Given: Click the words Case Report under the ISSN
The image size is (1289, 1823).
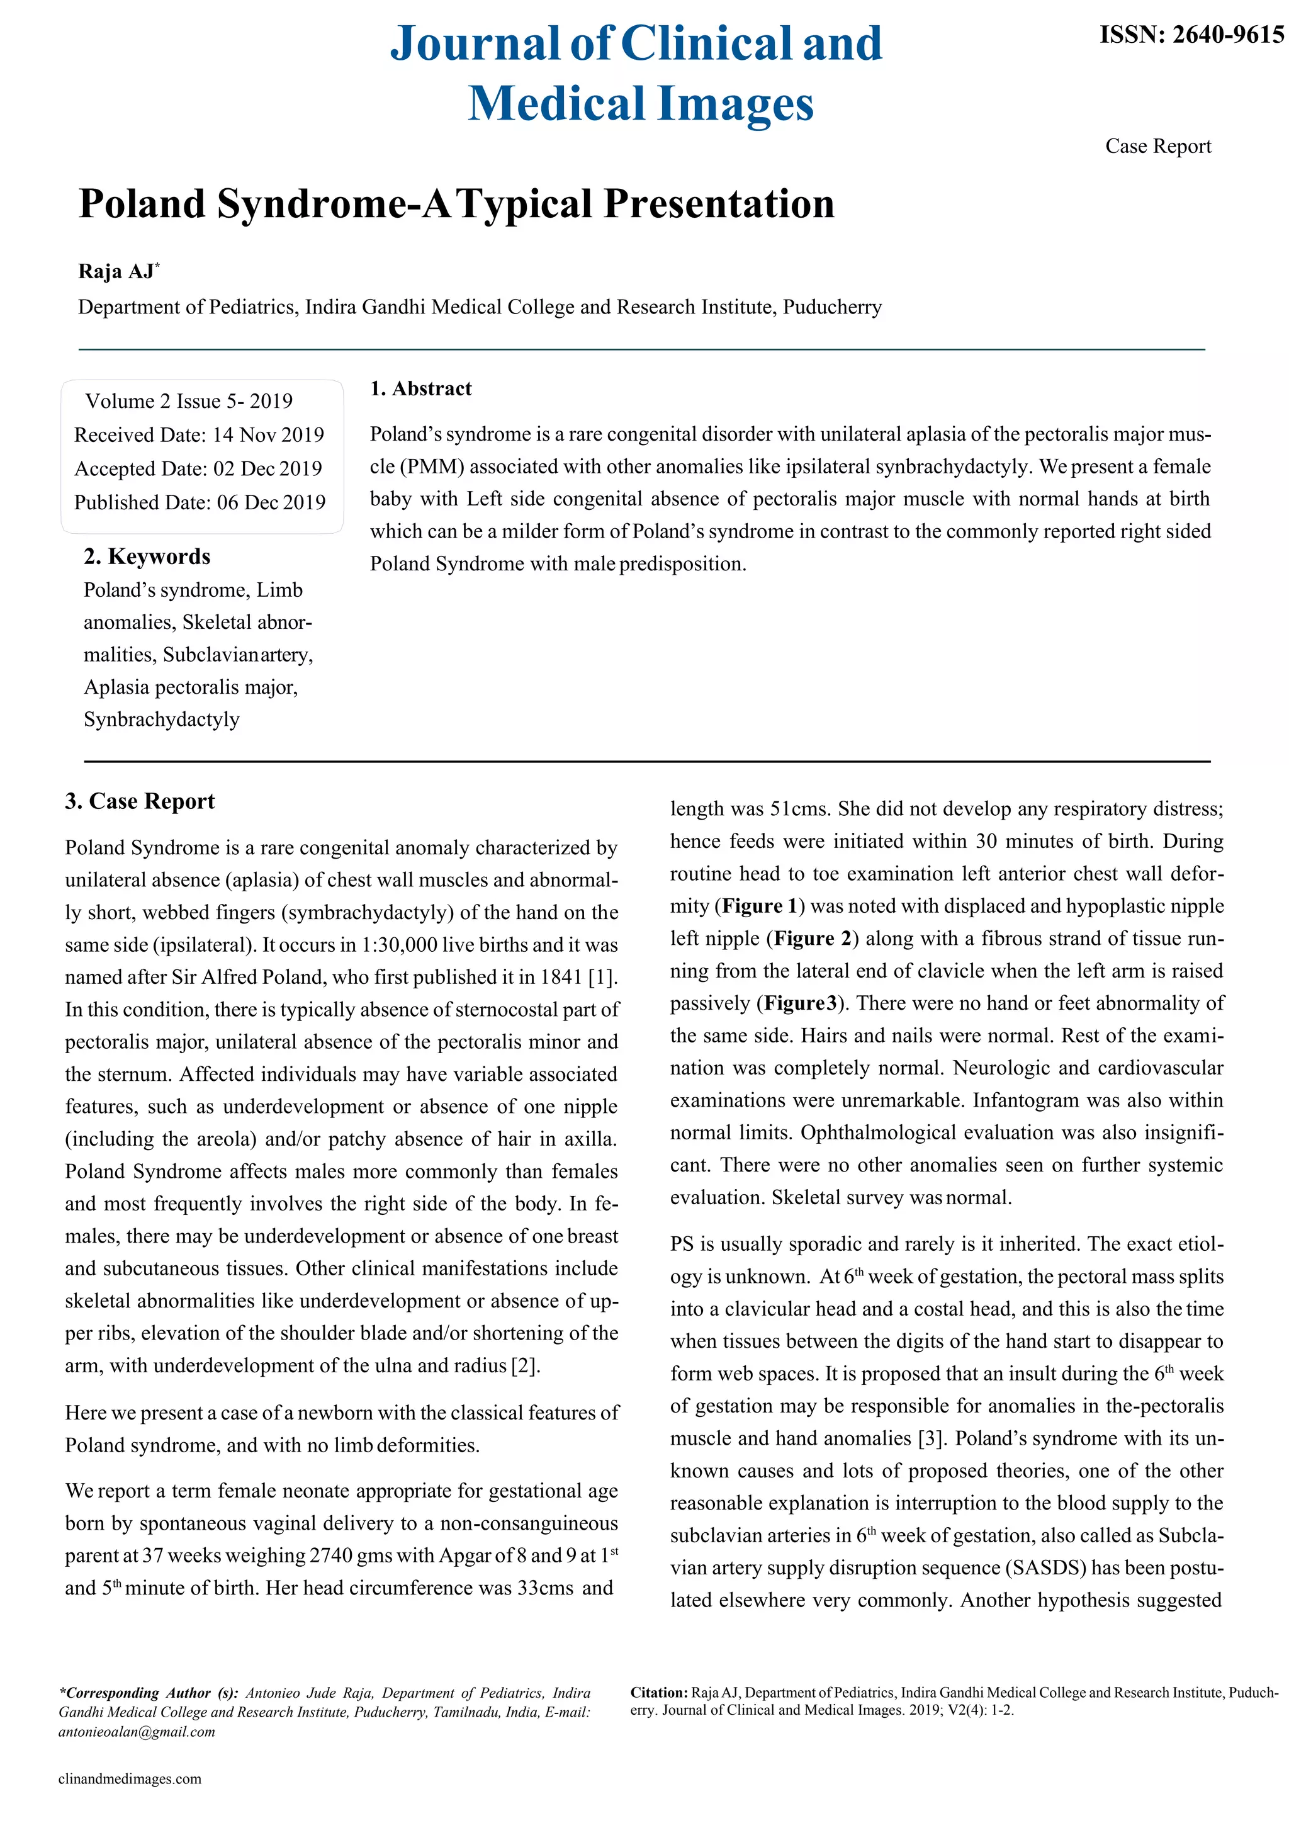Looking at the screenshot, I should pos(1157,146).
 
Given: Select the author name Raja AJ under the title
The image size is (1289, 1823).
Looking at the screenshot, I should pos(116,271).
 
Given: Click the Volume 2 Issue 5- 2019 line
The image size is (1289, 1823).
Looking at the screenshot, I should pos(189,401).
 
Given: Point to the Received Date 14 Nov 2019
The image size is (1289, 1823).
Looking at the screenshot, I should pos(198,435).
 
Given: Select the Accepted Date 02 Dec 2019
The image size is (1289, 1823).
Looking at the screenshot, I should pos(198,468).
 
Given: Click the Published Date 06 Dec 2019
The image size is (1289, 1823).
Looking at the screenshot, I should pos(200,502).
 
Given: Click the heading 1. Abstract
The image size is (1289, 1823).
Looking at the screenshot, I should pos(420,388).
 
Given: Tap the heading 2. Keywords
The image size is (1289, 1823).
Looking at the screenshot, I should pos(147,556).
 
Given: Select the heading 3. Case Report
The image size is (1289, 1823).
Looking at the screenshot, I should pos(140,801).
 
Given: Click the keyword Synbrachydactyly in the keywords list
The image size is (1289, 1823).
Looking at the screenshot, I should pos(161,720).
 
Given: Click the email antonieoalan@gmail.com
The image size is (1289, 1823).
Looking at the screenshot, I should pos(137,1732).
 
